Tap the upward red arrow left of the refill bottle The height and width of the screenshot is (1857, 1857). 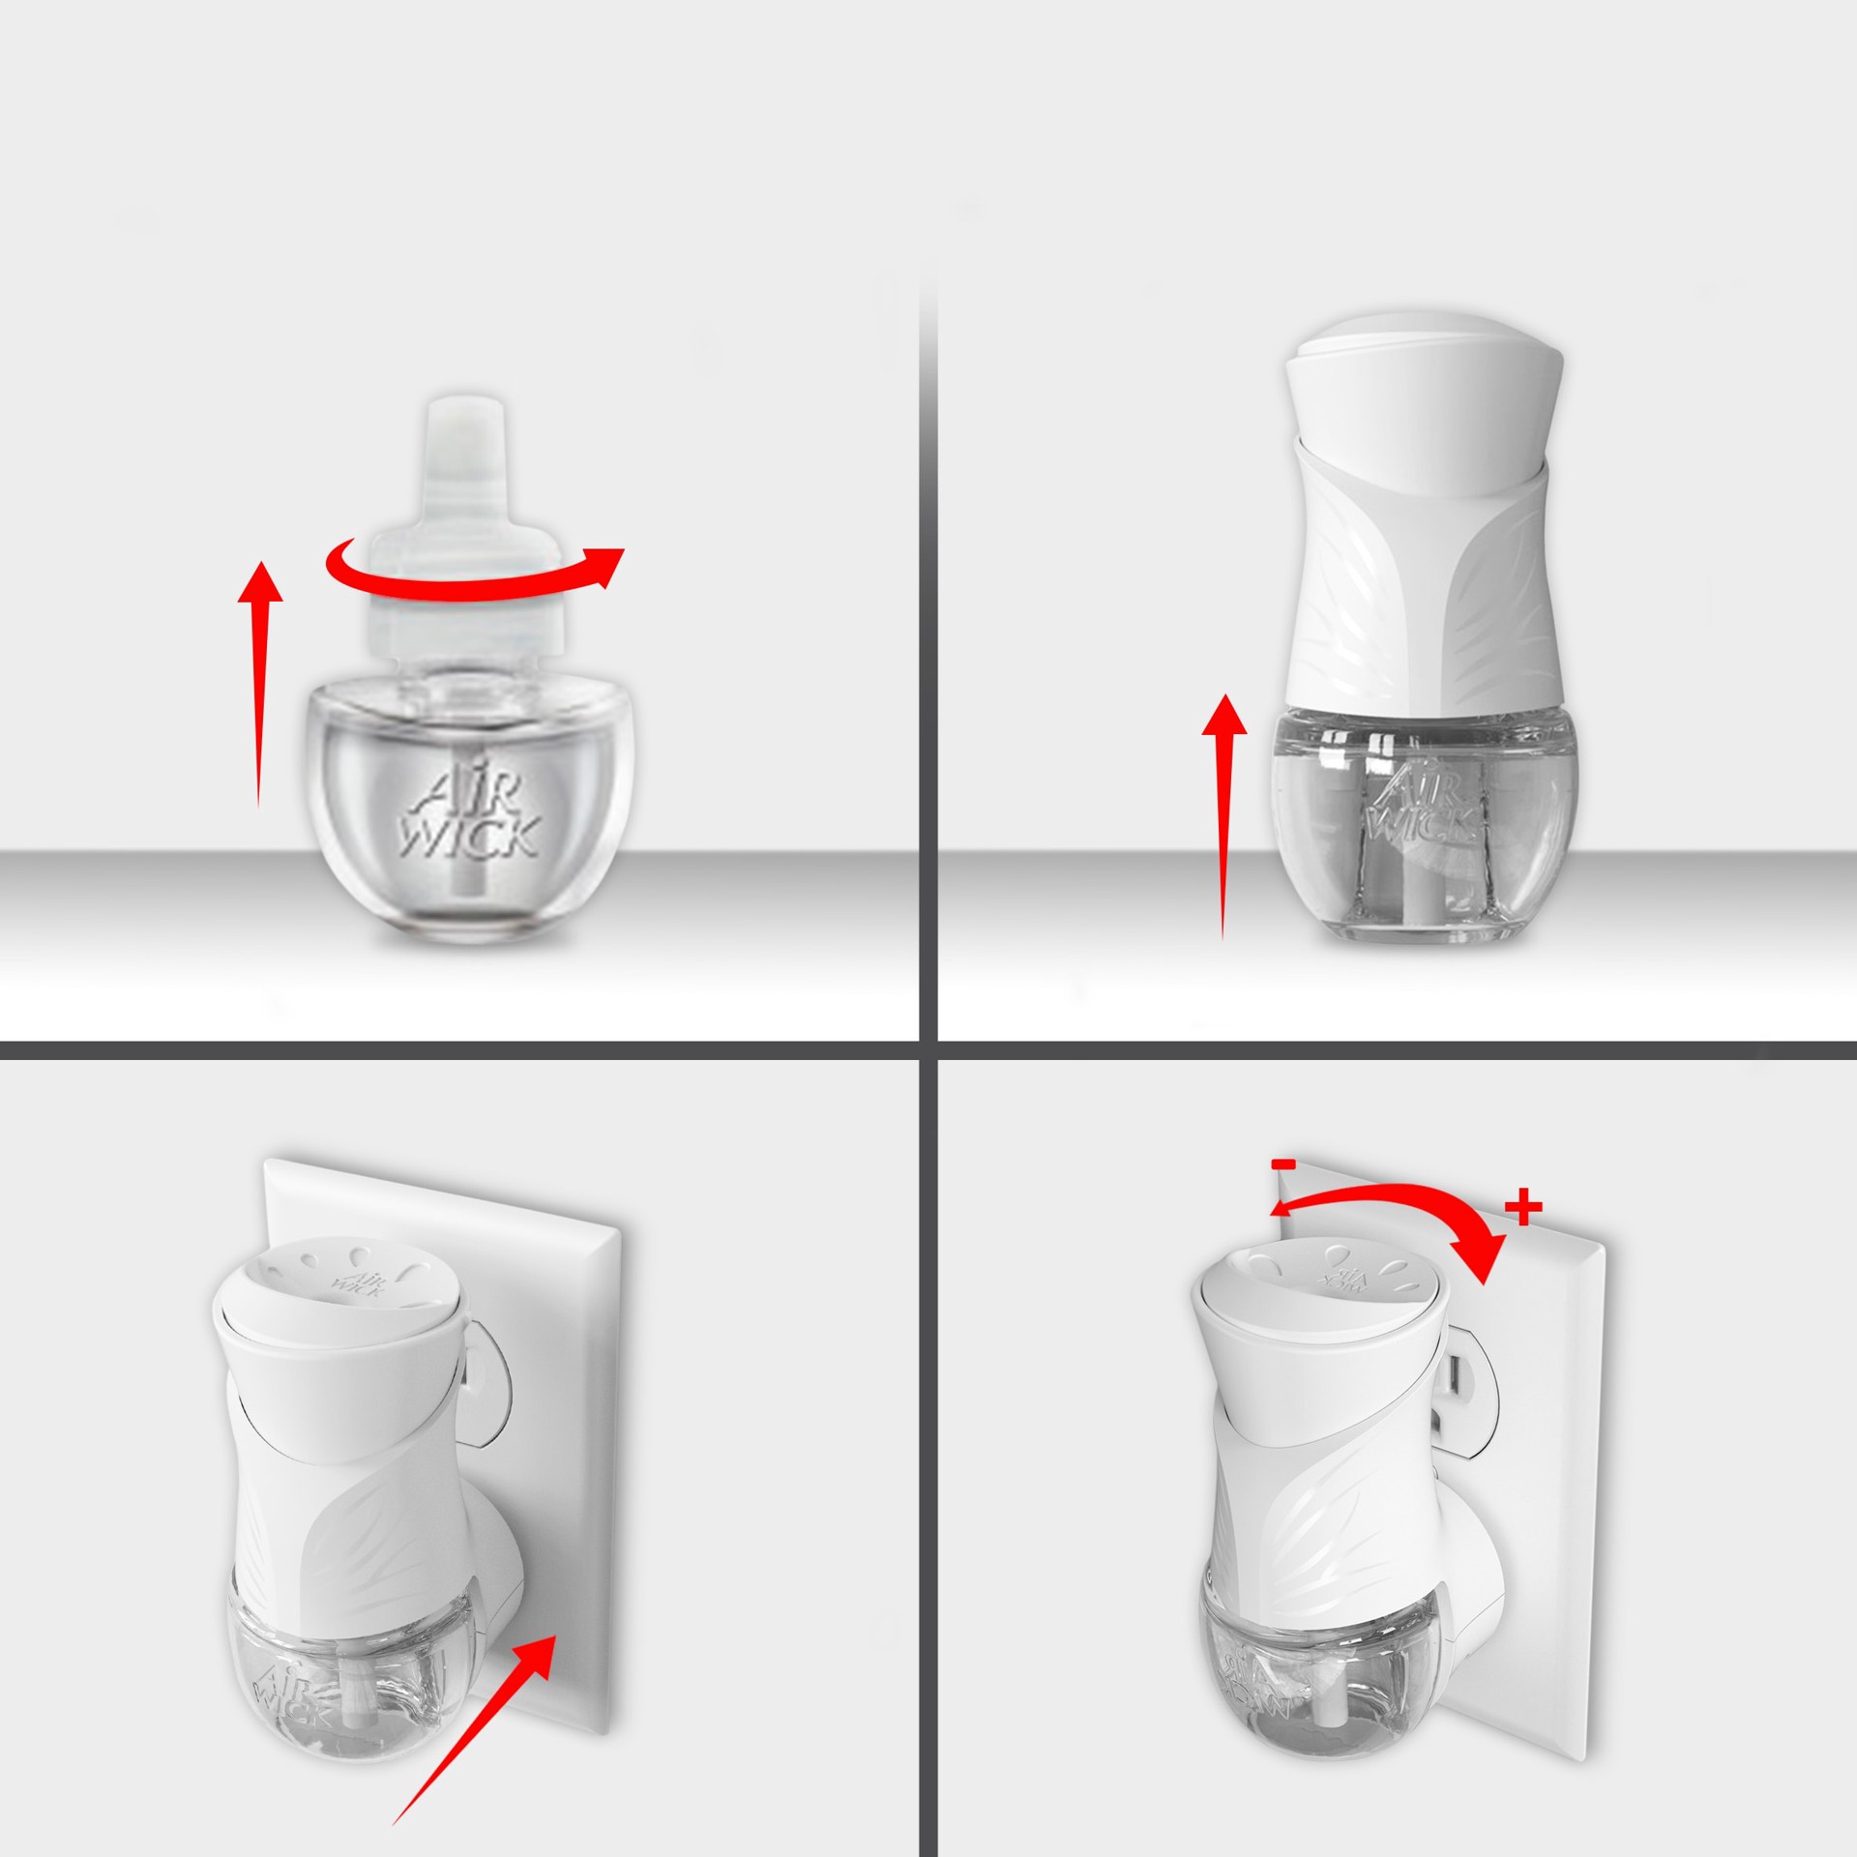click(x=259, y=677)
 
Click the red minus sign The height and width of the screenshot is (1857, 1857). click(x=1284, y=1166)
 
